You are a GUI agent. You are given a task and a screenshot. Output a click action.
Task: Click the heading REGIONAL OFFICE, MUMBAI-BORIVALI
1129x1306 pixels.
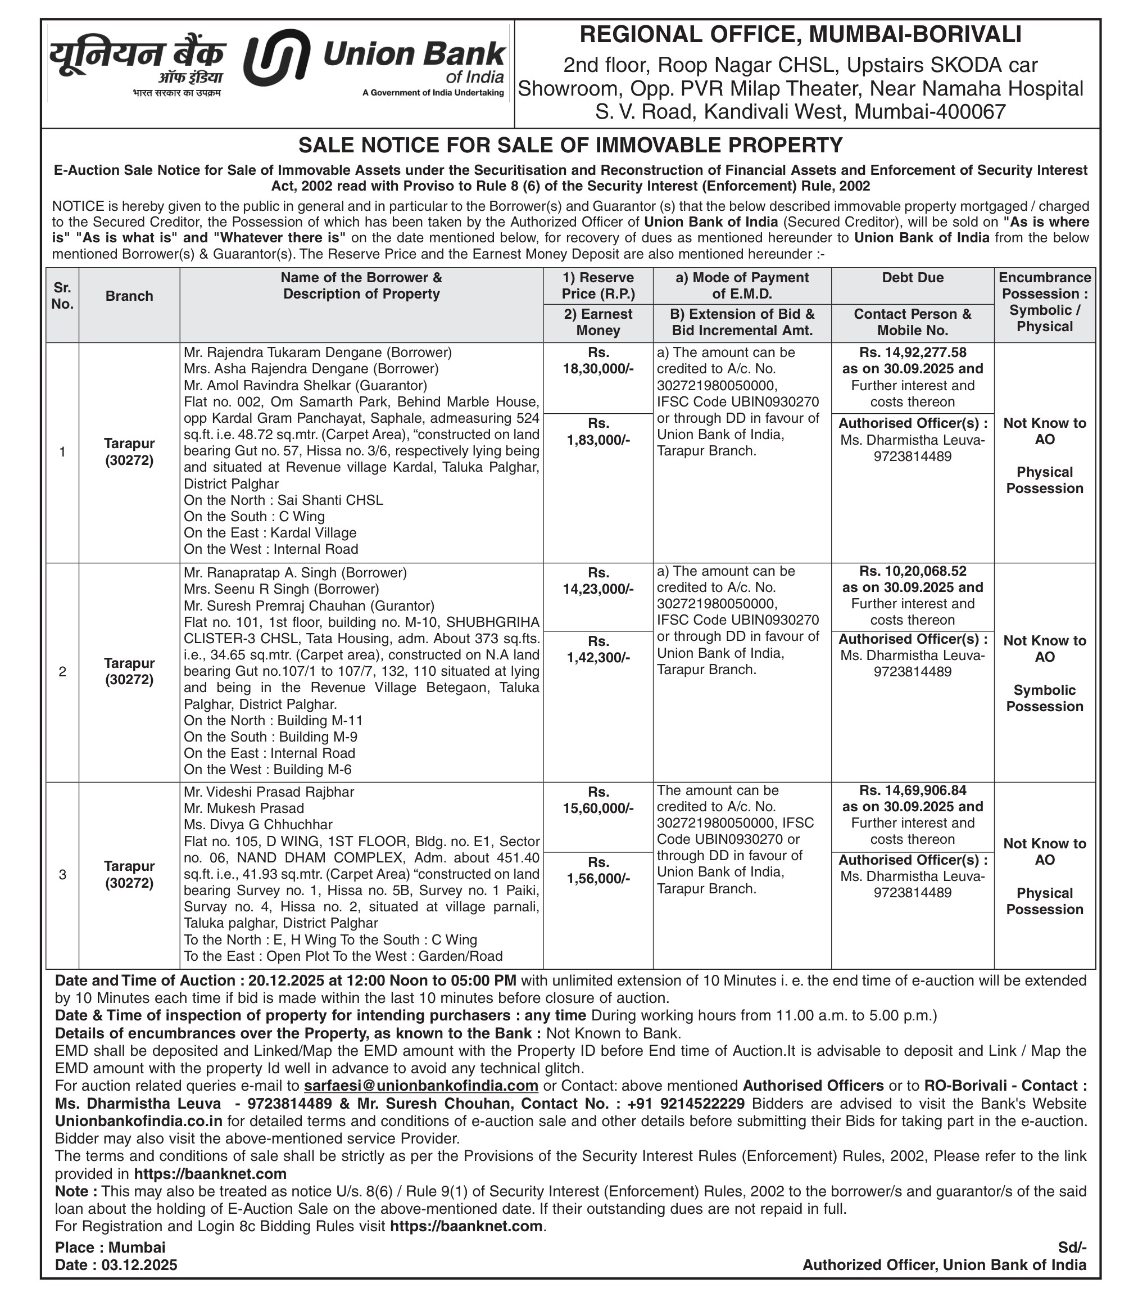coord(800,35)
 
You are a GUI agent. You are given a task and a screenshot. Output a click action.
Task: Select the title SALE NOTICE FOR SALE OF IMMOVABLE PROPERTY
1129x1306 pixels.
coord(570,145)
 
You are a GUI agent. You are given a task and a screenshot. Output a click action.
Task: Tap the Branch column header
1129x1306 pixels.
coord(129,296)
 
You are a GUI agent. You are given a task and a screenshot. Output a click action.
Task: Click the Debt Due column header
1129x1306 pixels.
coord(912,278)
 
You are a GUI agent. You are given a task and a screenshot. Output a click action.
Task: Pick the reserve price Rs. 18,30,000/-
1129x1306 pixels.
coord(598,360)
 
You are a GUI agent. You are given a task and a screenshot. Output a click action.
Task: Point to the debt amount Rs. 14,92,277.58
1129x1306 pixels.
coord(912,353)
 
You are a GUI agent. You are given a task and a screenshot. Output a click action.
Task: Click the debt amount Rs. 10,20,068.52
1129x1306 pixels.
coord(912,571)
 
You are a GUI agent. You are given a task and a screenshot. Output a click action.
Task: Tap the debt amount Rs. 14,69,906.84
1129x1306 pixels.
coord(912,790)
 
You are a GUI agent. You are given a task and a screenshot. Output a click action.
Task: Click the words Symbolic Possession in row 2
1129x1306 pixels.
coord(1044,698)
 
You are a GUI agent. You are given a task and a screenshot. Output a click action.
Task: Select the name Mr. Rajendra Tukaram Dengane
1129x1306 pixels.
coord(283,353)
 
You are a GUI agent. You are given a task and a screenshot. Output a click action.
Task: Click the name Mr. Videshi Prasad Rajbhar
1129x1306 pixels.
coord(269,792)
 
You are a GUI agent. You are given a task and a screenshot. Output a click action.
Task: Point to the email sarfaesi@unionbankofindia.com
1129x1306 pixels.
coord(421,1086)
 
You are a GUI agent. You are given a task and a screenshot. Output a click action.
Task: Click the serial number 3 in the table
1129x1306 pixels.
coord(62,874)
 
